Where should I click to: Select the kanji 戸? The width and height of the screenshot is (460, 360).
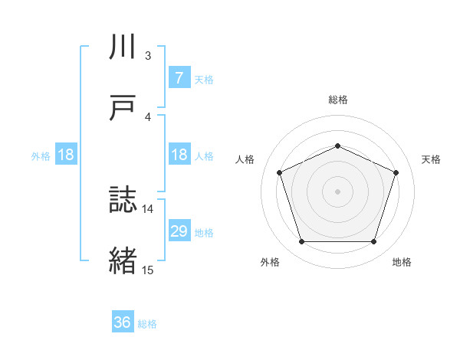pyautogui.click(x=123, y=107)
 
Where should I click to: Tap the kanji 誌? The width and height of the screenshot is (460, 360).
pyautogui.click(x=123, y=201)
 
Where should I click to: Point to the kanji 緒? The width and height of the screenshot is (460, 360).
pyautogui.click(x=123, y=261)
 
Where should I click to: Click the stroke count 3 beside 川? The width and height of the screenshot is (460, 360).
pyautogui.click(x=147, y=56)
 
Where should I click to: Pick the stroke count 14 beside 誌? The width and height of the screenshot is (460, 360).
pyautogui.click(x=147, y=208)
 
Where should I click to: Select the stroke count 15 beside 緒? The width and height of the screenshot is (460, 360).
pyautogui.click(x=147, y=270)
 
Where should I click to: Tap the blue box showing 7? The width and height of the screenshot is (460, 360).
pyautogui.click(x=179, y=77)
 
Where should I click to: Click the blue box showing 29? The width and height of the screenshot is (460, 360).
pyautogui.click(x=179, y=231)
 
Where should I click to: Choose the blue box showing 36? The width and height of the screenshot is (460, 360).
pyautogui.click(x=123, y=322)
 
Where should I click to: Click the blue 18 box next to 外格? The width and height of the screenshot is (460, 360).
pyautogui.click(x=66, y=155)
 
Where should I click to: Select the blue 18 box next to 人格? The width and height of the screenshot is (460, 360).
pyautogui.click(x=179, y=155)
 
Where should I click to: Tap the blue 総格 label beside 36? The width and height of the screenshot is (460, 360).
pyautogui.click(x=147, y=324)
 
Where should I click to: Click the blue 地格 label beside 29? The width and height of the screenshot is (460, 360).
pyautogui.click(x=204, y=232)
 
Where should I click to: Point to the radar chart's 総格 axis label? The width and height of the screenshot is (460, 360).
pyautogui.click(x=337, y=100)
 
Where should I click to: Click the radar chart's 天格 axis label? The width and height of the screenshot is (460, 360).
pyautogui.click(x=431, y=159)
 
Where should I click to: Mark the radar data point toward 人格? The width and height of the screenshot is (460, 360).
pyautogui.click(x=279, y=172)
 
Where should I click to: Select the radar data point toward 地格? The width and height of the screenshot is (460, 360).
pyautogui.click(x=373, y=242)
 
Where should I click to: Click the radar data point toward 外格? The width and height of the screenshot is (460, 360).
pyautogui.click(x=301, y=242)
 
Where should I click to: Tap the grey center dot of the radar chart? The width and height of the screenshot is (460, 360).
pyautogui.click(x=337, y=191)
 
